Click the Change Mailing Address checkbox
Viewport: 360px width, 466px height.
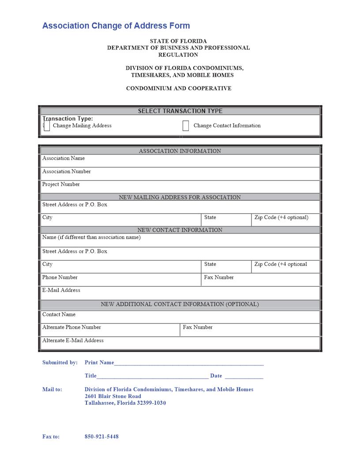tap(47, 126)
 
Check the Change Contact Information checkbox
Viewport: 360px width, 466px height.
tap(186, 126)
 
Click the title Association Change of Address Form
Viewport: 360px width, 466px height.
tap(116, 26)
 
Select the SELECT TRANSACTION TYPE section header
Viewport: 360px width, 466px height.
tap(180, 111)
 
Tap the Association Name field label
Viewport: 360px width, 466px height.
tap(64, 158)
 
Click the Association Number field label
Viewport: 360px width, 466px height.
tap(67, 172)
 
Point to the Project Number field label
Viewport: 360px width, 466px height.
tap(61, 184)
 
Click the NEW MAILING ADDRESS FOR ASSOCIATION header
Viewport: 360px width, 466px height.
tap(180, 197)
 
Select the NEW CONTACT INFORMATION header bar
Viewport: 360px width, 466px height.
tap(180, 230)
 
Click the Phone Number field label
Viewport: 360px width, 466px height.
tap(60, 278)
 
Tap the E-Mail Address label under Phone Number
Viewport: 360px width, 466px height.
tap(61, 290)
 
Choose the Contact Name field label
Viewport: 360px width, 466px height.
tap(59, 315)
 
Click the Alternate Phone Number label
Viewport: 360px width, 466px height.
tap(71, 327)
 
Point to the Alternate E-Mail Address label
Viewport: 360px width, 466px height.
tap(73, 341)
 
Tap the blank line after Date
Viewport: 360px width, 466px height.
tap(244, 377)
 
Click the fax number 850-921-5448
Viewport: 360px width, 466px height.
tap(101, 437)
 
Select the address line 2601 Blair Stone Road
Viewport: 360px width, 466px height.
tap(113, 396)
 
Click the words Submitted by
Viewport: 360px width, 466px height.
tap(60, 363)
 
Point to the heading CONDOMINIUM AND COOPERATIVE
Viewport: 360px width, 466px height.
tap(179, 89)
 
